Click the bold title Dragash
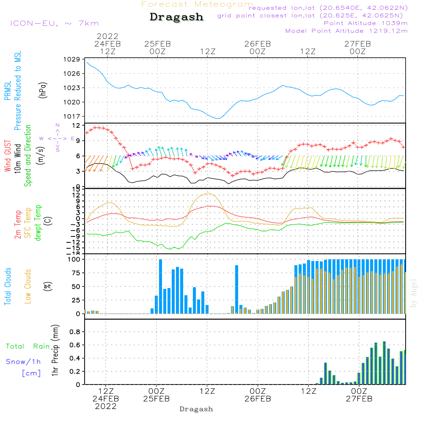(x=176, y=17)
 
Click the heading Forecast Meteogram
(x=197, y=4)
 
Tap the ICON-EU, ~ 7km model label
(x=54, y=23)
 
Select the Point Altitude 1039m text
(x=365, y=23)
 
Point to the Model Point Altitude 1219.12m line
(x=346, y=31)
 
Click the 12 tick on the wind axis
(x=76, y=126)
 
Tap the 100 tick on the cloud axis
(x=74, y=259)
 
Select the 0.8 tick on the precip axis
(x=75, y=332)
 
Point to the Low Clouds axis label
(x=28, y=286)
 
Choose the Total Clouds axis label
(x=8, y=286)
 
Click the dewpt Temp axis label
(x=38, y=223)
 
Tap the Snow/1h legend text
(x=23, y=362)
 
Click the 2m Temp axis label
(x=18, y=223)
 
